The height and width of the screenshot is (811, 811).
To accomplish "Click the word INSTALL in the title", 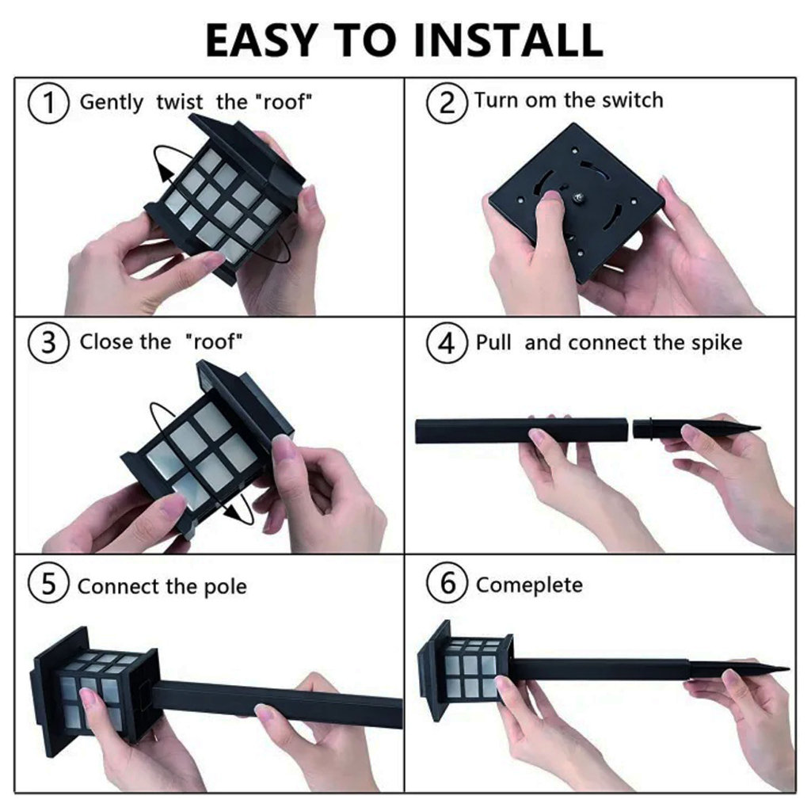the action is tap(508, 40).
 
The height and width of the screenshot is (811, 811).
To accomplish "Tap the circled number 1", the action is tap(48, 102).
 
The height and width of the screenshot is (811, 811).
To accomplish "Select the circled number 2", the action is tap(447, 102).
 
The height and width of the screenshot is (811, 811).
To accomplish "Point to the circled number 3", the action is tap(48, 342).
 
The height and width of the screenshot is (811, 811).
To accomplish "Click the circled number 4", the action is tap(447, 342).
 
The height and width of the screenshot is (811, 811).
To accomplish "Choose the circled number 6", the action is tap(447, 583).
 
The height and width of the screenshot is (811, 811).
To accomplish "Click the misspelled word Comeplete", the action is tap(529, 585).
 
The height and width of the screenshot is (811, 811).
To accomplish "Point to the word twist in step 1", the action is tap(180, 102).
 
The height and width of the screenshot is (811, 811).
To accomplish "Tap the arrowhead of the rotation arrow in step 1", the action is tap(166, 171).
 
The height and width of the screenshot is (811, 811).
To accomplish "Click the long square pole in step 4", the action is tap(521, 431).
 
